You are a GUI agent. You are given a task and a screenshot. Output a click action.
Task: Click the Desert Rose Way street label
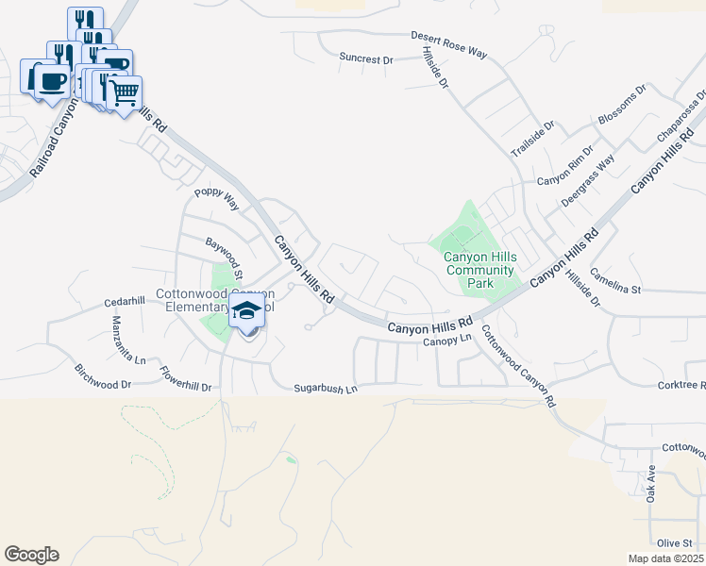coord(448,45)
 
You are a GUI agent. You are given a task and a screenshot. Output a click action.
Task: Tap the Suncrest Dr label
coord(365,59)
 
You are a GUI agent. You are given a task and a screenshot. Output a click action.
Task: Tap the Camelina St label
coord(615,280)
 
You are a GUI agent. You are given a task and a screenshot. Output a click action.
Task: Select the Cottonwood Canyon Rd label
coord(518,366)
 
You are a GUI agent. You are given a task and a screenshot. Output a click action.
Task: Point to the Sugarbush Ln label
coord(326,388)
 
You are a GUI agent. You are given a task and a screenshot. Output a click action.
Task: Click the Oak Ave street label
coord(651,483)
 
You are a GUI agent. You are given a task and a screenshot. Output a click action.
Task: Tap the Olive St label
coord(675,542)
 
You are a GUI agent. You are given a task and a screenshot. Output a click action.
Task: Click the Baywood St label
coord(226,258)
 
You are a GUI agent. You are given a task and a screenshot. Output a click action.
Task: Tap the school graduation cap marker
coord(246,310)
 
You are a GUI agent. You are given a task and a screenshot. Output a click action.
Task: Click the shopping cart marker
coord(125,92)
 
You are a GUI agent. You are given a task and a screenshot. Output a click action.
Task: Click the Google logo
coord(31,555)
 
